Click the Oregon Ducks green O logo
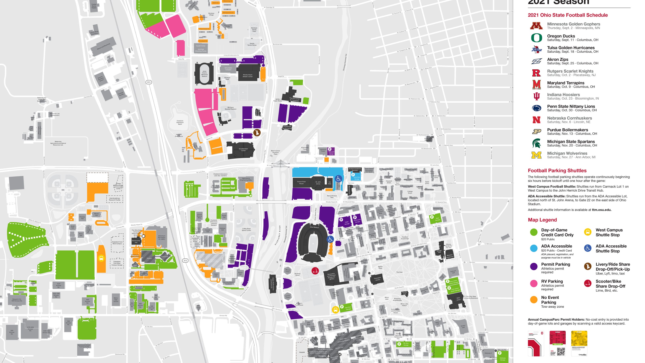(x=536, y=38)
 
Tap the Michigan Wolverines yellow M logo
(x=536, y=155)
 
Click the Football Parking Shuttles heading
(x=557, y=171)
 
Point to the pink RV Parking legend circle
(x=534, y=283)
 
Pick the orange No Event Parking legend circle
(x=534, y=300)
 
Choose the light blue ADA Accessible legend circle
(x=534, y=248)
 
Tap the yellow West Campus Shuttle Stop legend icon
(x=588, y=232)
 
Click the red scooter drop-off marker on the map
(x=315, y=271)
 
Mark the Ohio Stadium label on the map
(x=314, y=227)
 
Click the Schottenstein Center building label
(x=243, y=150)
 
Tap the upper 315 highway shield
(x=149, y=82)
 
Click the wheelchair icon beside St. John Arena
(x=338, y=179)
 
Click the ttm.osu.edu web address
(x=601, y=210)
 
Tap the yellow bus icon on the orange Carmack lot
(x=101, y=258)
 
